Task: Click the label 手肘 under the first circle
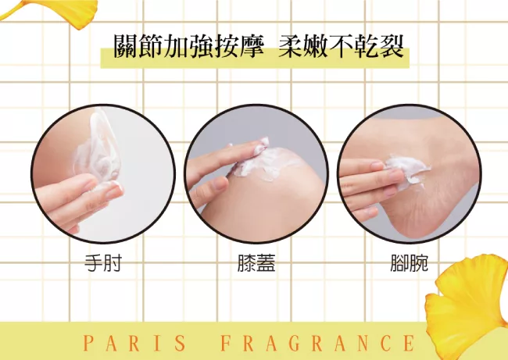point(103,263)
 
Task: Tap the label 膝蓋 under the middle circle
point(256,263)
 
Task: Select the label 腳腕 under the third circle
point(410,263)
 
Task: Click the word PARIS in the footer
point(134,343)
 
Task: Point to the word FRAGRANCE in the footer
point(318,343)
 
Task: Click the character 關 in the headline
point(126,47)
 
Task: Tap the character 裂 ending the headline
point(392,47)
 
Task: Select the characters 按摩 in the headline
point(239,47)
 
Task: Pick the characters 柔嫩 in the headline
point(303,47)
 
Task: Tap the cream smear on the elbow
point(97,149)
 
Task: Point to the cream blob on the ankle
point(407,170)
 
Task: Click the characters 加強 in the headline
point(189,47)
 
